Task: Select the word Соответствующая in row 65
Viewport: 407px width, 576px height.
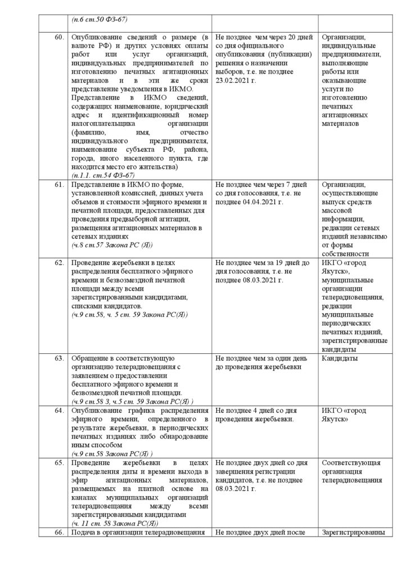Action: [x=351, y=463]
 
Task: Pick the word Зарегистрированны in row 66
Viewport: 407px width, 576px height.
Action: [x=353, y=532]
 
